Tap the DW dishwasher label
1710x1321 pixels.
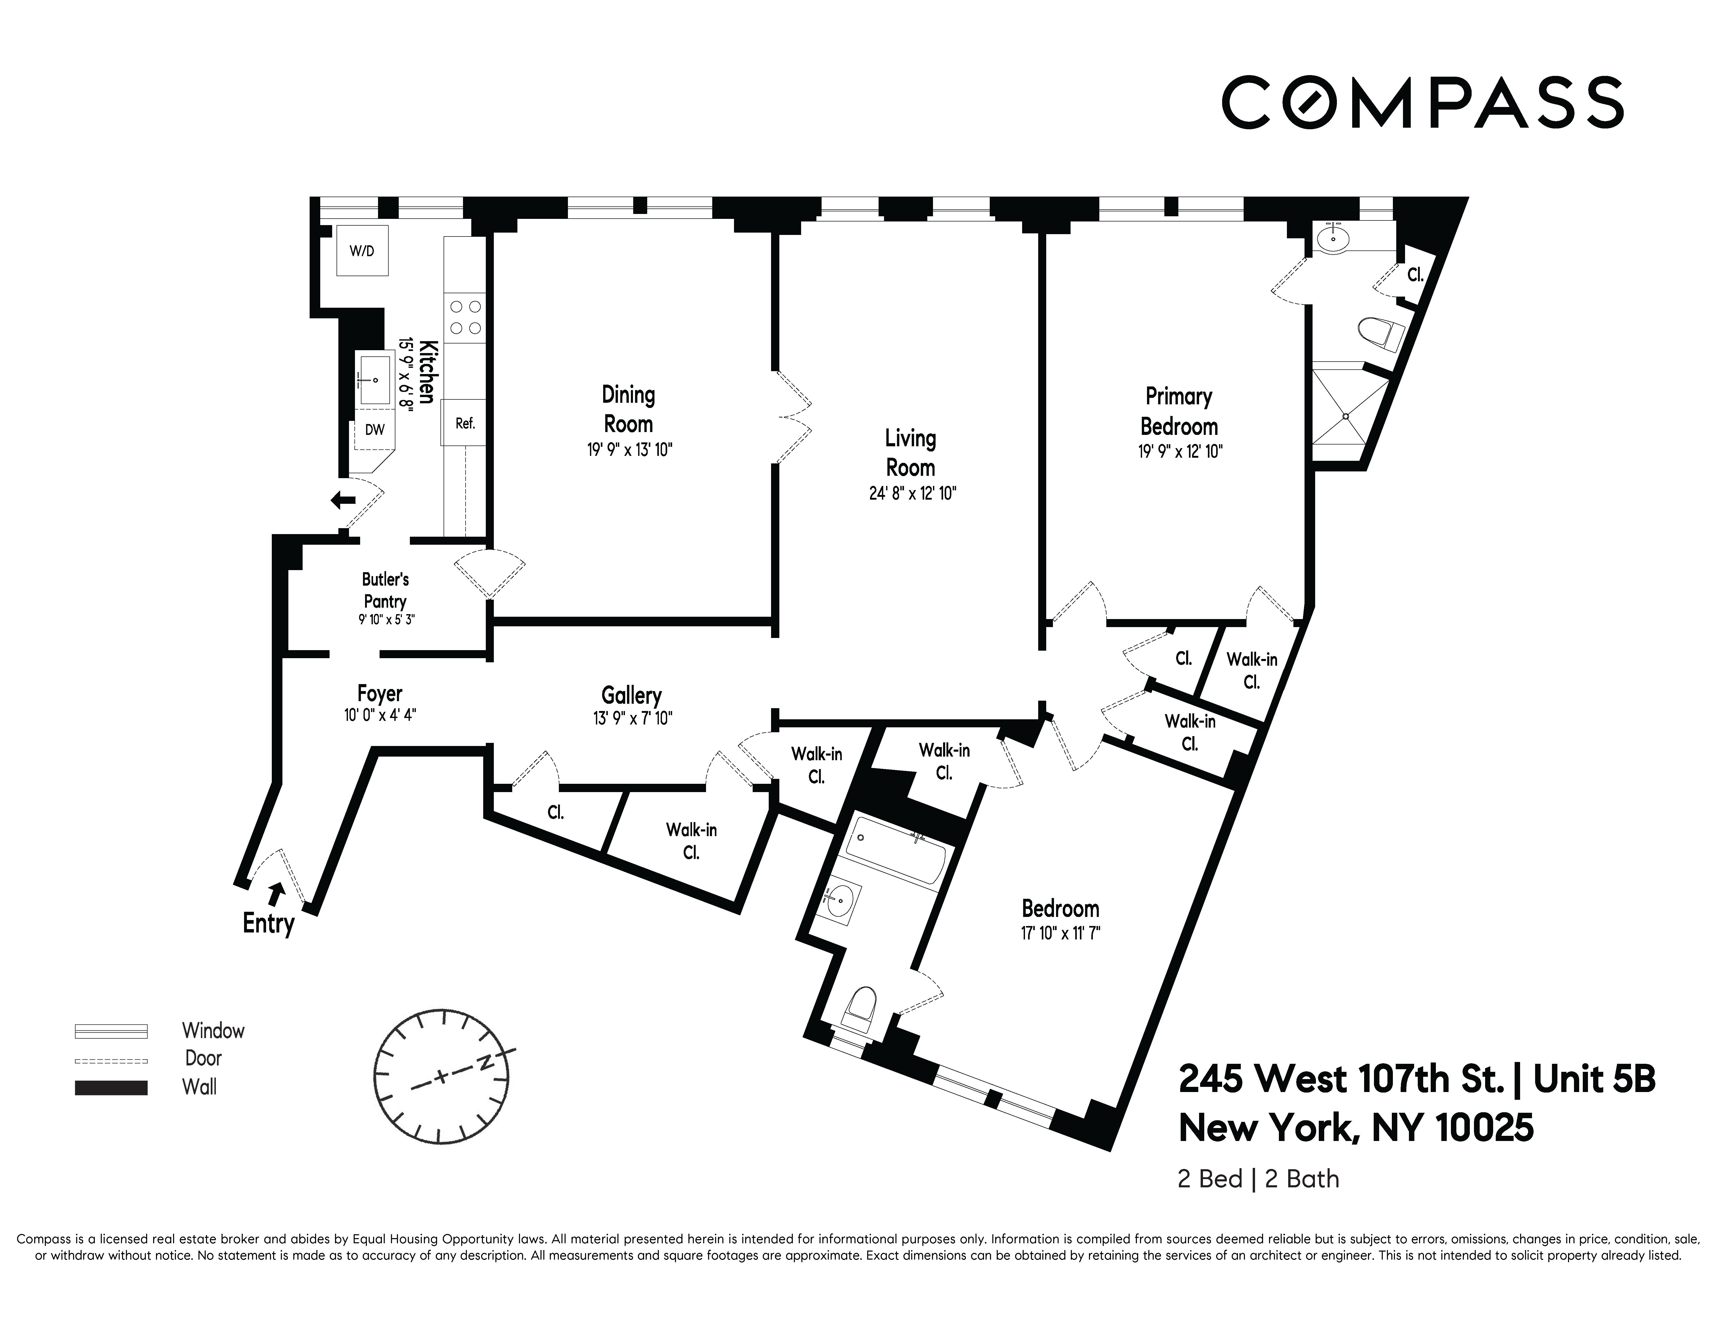click(375, 430)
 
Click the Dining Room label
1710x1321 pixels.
click(628, 409)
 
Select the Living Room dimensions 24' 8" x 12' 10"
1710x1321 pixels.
click(912, 494)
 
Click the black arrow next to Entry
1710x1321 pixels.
click(276, 892)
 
